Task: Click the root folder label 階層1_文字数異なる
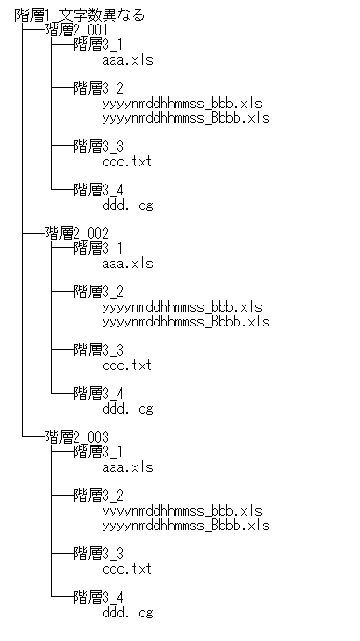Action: click(x=80, y=15)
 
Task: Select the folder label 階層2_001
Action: click(x=76, y=30)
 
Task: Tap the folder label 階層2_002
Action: click(x=76, y=234)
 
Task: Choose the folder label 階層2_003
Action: click(x=76, y=437)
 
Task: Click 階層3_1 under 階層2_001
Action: click(x=98, y=45)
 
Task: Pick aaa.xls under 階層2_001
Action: click(x=128, y=60)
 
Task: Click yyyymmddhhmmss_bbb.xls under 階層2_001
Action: click(x=182, y=104)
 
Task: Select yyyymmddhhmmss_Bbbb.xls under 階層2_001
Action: click(x=185, y=118)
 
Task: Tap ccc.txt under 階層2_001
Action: click(x=127, y=162)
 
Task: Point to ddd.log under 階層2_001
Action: click(x=128, y=205)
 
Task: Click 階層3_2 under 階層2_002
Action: click(x=98, y=292)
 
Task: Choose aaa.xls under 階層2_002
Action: click(x=128, y=264)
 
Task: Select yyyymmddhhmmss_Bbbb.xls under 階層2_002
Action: click(x=185, y=322)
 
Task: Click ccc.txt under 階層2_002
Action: click(x=127, y=366)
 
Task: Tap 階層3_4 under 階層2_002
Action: click(x=98, y=394)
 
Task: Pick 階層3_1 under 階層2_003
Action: click(x=98, y=452)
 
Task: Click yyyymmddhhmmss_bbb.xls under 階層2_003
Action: click(x=182, y=511)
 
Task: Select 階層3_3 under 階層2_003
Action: click(x=98, y=554)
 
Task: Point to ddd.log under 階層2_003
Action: click(x=128, y=613)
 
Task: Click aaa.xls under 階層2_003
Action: click(x=128, y=467)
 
